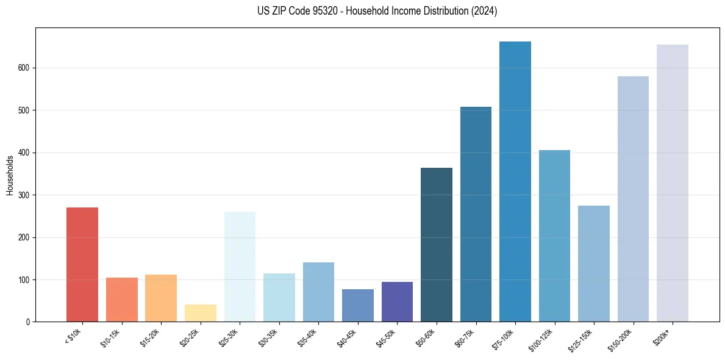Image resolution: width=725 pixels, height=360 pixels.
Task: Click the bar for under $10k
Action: tap(82, 265)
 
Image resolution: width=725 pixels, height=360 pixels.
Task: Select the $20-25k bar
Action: tap(200, 313)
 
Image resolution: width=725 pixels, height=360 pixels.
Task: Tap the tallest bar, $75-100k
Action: tap(515, 182)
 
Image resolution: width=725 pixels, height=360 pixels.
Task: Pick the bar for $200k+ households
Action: tap(673, 183)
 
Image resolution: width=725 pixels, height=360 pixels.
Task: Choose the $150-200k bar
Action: tap(633, 199)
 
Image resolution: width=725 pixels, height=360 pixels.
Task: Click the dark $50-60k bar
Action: tap(437, 245)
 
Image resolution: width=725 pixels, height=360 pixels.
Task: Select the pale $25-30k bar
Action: tap(240, 267)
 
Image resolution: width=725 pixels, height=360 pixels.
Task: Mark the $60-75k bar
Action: tap(476, 214)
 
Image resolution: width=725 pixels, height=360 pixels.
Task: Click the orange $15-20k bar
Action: tap(161, 298)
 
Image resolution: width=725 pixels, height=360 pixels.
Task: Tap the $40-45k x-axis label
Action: tap(347, 337)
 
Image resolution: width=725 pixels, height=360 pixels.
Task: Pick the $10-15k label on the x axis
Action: tap(111, 337)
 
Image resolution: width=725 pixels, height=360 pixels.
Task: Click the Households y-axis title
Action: tap(10, 175)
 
